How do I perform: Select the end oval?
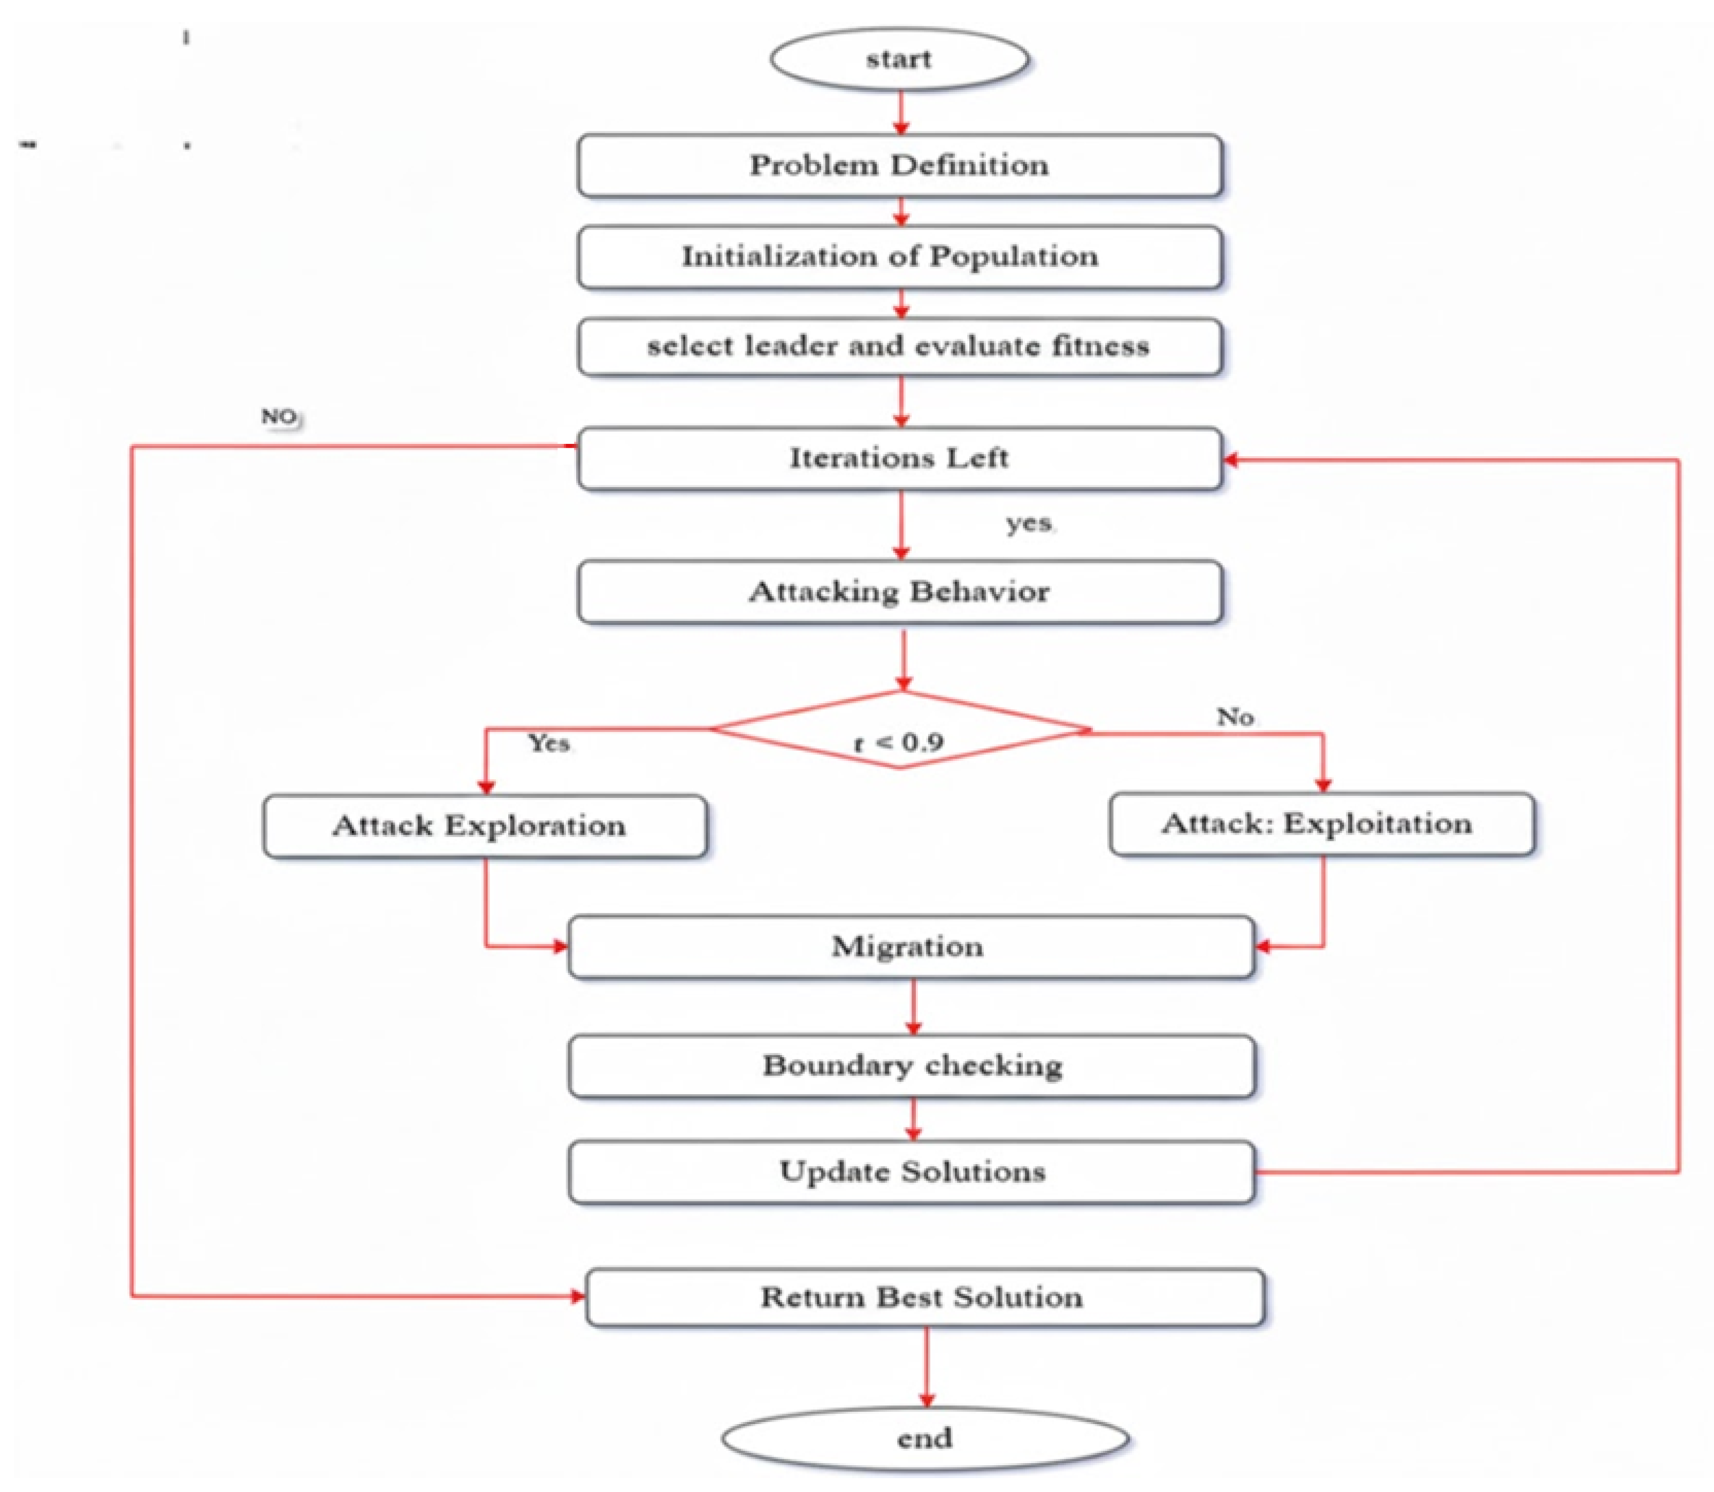click(924, 1438)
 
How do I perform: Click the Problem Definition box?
click(899, 165)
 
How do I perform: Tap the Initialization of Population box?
click(899, 257)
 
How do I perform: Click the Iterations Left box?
click(899, 458)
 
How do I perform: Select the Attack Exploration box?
click(485, 826)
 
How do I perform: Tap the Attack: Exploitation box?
click(1322, 824)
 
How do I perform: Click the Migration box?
click(910, 947)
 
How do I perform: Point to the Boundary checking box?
click(912, 1066)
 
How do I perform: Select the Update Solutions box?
click(912, 1172)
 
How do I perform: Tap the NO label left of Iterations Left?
click(279, 416)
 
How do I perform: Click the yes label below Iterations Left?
click(1029, 523)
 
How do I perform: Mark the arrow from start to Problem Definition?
click(900, 112)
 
